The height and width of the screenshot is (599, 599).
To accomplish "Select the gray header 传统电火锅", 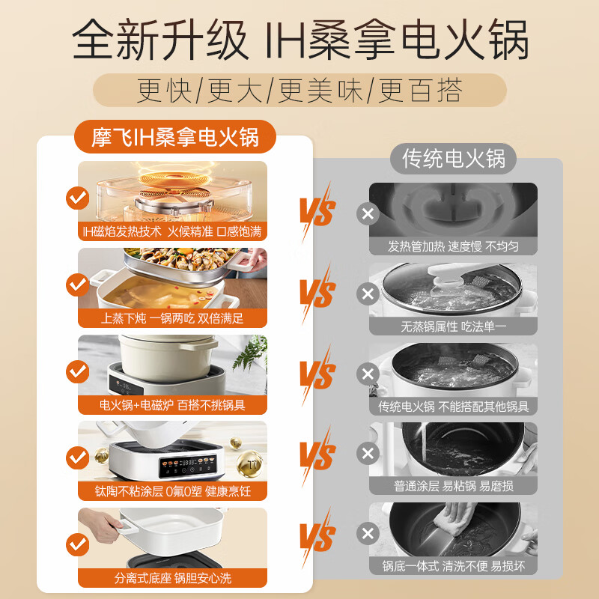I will pyautogui.click(x=454, y=158).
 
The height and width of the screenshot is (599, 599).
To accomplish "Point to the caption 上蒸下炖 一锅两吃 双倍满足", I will pyautogui.click(x=173, y=318).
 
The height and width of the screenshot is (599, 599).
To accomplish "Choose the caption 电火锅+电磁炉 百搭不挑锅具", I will pyautogui.click(x=173, y=405).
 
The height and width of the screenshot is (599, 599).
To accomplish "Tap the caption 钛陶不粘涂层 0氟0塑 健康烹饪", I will pyautogui.click(x=173, y=491).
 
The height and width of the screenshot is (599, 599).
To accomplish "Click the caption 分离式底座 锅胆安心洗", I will pyautogui.click(x=173, y=578).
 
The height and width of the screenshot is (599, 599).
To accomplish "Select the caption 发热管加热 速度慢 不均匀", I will pyautogui.click(x=453, y=246).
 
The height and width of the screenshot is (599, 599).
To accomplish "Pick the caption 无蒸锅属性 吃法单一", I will pyautogui.click(x=453, y=326).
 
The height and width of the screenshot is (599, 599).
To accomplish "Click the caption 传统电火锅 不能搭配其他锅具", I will pyautogui.click(x=453, y=407).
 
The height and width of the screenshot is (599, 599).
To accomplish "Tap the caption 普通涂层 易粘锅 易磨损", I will pyautogui.click(x=453, y=487).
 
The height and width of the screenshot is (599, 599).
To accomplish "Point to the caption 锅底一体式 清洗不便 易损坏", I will pyautogui.click(x=453, y=566).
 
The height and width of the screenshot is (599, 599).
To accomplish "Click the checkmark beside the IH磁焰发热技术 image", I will pyautogui.click(x=78, y=198).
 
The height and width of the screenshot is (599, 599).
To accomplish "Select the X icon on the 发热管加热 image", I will pyautogui.click(x=368, y=214).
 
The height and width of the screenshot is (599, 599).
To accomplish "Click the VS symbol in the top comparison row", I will pyautogui.click(x=317, y=209).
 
